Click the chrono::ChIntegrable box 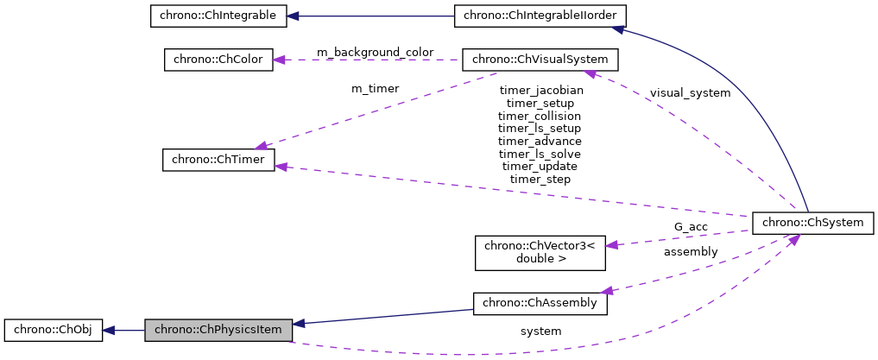pyautogui.click(x=218, y=16)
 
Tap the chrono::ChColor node pyautogui.click(x=218, y=60)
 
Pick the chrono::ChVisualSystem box pyautogui.click(x=540, y=60)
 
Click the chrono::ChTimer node pyautogui.click(x=218, y=160)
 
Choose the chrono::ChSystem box pyautogui.click(x=813, y=223)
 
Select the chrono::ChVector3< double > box pyautogui.click(x=540, y=251)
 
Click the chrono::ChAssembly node pyautogui.click(x=540, y=304)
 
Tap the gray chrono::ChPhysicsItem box pyautogui.click(x=218, y=329)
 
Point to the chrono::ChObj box pyautogui.click(x=54, y=329)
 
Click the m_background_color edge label pyautogui.click(x=375, y=53)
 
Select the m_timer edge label pyautogui.click(x=375, y=88)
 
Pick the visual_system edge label pyautogui.click(x=690, y=93)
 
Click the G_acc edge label pyautogui.click(x=691, y=227)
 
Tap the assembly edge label pyautogui.click(x=690, y=252)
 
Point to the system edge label pyautogui.click(x=540, y=332)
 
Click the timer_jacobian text pyautogui.click(x=540, y=90)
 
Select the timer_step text pyautogui.click(x=540, y=179)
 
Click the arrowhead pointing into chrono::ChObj pyautogui.click(x=110, y=329)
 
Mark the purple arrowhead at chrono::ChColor pyautogui.click(x=281, y=60)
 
